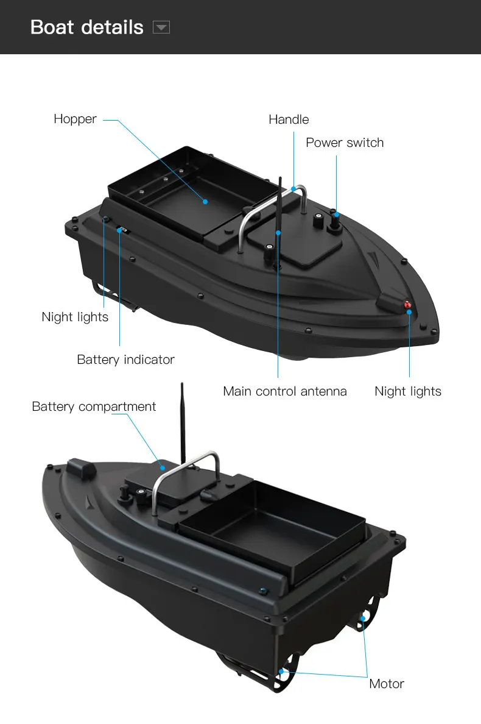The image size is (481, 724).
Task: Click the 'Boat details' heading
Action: click(86, 27)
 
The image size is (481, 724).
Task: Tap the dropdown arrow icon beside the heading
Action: click(161, 27)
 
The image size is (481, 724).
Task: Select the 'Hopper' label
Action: click(75, 119)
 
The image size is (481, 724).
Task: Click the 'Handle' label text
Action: click(289, 119)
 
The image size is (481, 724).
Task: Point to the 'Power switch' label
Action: click(345, 143)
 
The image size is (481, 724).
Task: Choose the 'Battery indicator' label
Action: click(125, 360)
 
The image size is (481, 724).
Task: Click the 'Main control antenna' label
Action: click(285, 391)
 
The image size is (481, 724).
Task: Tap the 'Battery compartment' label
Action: click(94, 406)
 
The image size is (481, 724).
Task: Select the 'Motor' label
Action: click(387, 684)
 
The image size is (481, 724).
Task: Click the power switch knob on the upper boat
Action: click(334, 225)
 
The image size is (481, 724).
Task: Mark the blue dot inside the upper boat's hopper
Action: click(205, 201)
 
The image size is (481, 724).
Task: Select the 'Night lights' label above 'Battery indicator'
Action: click(75, 317)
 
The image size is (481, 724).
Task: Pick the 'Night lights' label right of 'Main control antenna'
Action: click(408, 391)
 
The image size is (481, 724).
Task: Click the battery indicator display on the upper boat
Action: click(122, 230)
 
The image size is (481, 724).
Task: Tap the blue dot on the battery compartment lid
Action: click(163, 468)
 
